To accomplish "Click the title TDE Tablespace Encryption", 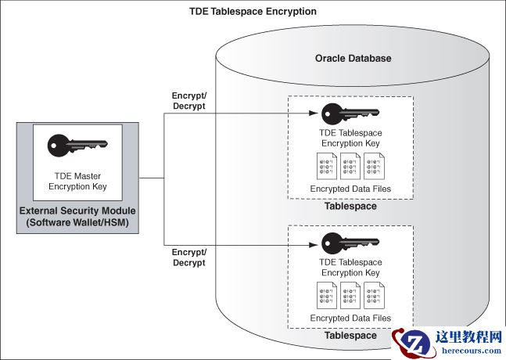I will [x=253, y=12].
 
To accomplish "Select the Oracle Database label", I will [x=353, y=59].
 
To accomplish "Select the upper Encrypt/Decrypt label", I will [x=188, y=101].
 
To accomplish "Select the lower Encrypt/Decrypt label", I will [x=188, y=257].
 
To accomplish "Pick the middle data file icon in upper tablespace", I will [x=350, y=167].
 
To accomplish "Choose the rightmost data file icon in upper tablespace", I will [x=373, y=167].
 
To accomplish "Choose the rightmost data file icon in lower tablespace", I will [x=373, y=296].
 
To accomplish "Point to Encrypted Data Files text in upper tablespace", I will [x=350, y=189].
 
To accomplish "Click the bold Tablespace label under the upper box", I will [x=350, y=207].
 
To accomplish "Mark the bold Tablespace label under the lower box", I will [x=350, y=335].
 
